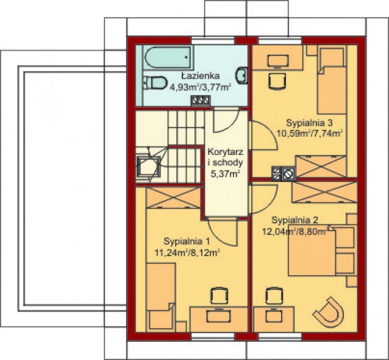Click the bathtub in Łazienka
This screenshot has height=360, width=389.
pos(168,57)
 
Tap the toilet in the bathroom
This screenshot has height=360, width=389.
pos(155,82)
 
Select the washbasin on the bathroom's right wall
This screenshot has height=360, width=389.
pos(241,75)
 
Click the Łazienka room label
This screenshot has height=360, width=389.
pos(200,76)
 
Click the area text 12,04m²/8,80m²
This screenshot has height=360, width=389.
pos(295,232)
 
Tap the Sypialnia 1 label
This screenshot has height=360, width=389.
pos(187,241)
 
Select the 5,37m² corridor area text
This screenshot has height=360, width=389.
pos(225,174)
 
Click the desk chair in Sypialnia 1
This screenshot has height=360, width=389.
pos(219,296)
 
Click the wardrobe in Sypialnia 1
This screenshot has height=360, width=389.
pos(173,198)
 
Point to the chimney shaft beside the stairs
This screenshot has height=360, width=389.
pos(149,167)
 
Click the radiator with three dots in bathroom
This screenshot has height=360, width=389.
pos(201,101)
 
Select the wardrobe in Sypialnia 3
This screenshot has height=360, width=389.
pos(321,167)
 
